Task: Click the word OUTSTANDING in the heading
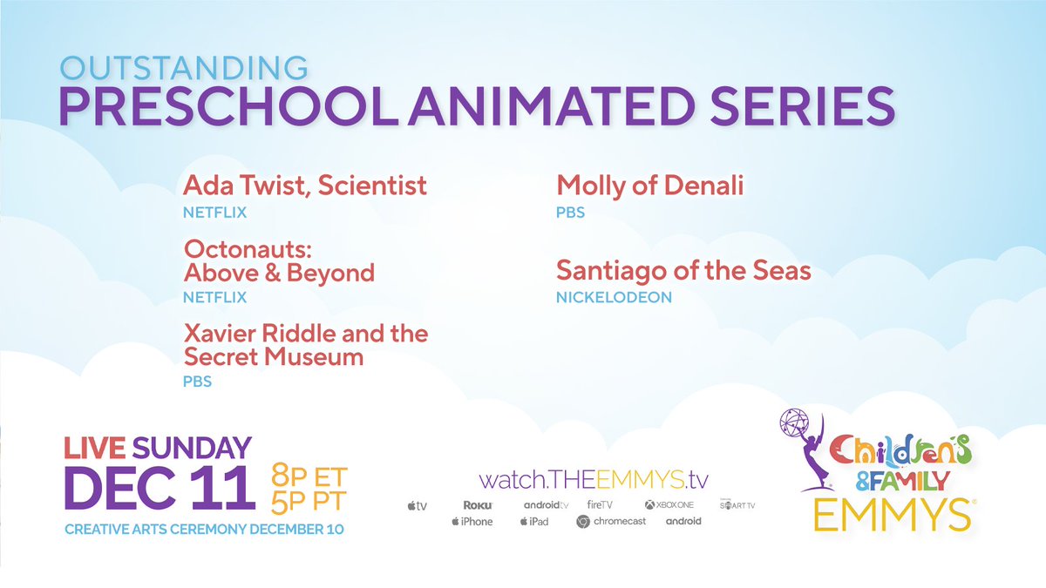[183, 69]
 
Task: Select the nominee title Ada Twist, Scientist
[305, 186]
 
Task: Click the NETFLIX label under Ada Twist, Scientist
[214, 212]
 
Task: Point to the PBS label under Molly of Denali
[570, 212]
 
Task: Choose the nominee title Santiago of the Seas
[683, 271]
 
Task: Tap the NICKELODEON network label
[614, 297]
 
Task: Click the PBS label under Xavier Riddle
[197, 382]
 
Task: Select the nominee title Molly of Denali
[649, 186]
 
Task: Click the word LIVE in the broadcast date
[94, 449]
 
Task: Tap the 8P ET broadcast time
[310, 476]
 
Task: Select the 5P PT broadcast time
[310, 503]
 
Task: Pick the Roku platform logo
[479, 504]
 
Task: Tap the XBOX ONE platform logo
[669, 504]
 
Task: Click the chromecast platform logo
[611, 521]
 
